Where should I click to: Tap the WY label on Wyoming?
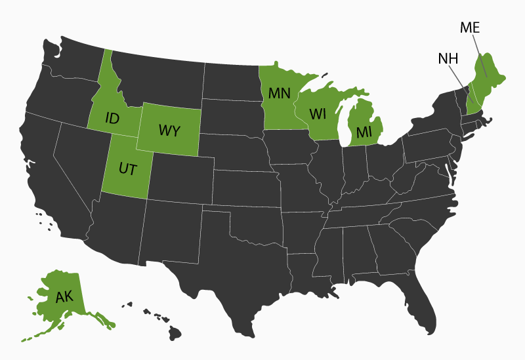[x=169, y=130]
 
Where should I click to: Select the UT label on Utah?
[x=128, y=169]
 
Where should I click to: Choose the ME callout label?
[x=470, y=28]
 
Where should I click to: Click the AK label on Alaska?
[x=64, y=297]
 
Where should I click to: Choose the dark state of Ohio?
[x=384, y=161]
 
